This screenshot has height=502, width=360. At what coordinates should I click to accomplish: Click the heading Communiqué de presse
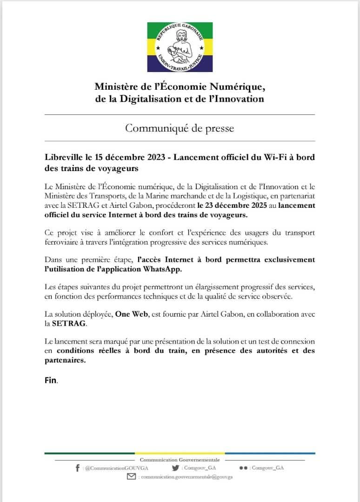click(180, 128)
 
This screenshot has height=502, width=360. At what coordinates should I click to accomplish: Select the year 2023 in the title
click(154, 157)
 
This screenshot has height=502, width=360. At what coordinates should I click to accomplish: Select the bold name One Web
click(129, 314)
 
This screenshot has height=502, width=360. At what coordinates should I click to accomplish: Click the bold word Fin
click(50, 380)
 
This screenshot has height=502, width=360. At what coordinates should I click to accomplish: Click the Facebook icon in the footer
click(77, 468)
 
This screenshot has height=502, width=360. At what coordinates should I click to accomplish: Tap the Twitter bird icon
click(175, 468)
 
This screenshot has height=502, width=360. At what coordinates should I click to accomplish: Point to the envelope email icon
click(132, 477)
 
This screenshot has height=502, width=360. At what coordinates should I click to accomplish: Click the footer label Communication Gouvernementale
click(180, 460)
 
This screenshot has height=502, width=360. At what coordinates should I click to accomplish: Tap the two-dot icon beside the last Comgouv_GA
click(243, 468)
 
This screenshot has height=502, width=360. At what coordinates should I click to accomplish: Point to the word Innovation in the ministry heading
click(238, 99)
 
